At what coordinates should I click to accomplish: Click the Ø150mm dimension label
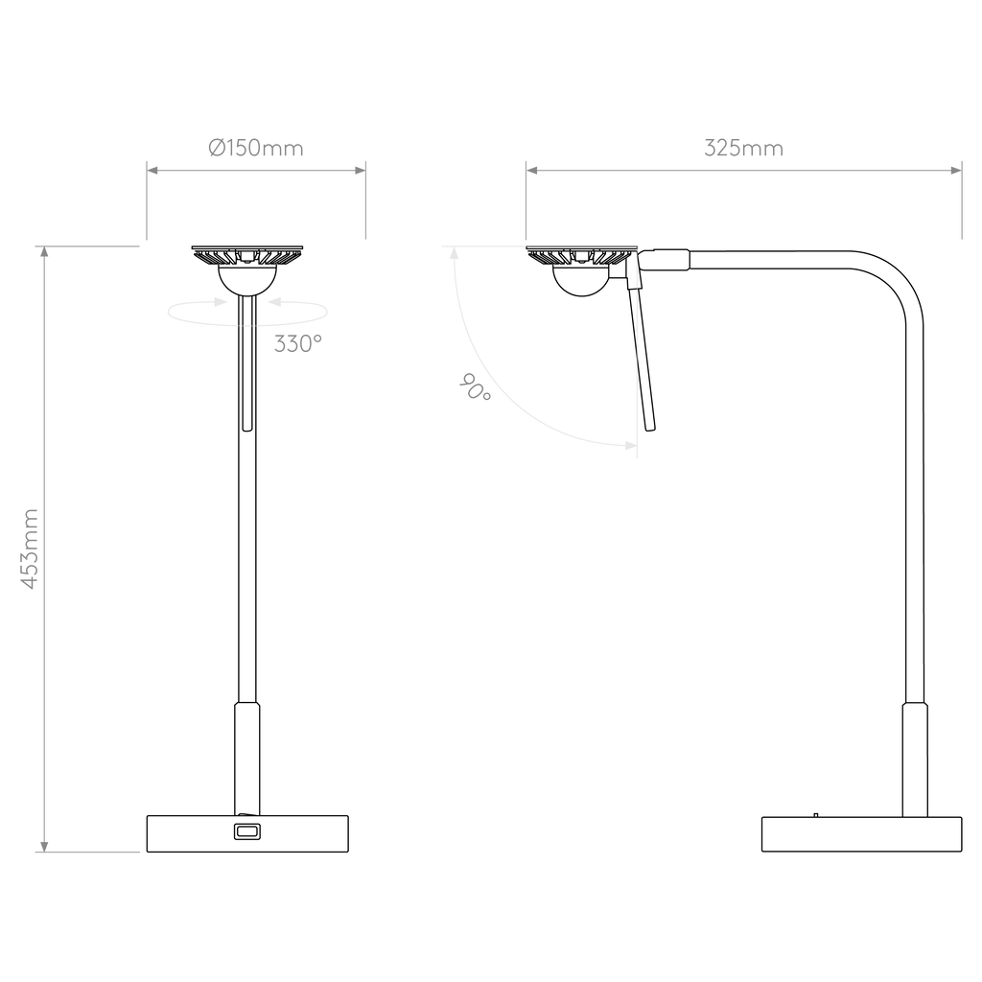click(x=255, y=149)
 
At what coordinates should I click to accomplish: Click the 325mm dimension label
click(x=743, y=149)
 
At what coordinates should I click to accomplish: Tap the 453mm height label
click(x=30, y=549)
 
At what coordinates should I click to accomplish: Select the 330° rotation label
click(x=298, y=344)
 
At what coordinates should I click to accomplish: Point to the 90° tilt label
click(x=476, y=387)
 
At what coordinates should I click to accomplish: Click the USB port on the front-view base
click(x=246, y=831)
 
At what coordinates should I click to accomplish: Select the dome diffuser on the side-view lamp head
click(x=582, y=279)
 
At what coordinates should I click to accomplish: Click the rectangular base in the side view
click(x=861, y=834)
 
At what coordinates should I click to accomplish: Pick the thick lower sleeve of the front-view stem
click(x=246, y=759)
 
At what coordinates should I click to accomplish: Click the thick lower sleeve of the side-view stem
click(x=914, y=760)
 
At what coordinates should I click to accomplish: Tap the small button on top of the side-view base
click(x=815, y=815)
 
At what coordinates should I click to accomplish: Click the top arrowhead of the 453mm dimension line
click(x=44, y=251)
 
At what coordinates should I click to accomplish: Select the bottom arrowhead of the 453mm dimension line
click(x=44, y=847)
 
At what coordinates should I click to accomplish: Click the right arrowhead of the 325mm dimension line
click(x=956, y=170)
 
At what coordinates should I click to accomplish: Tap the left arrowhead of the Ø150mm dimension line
click(x=152, y=170)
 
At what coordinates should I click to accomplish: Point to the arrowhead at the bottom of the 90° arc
click(x=631, y=445)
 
